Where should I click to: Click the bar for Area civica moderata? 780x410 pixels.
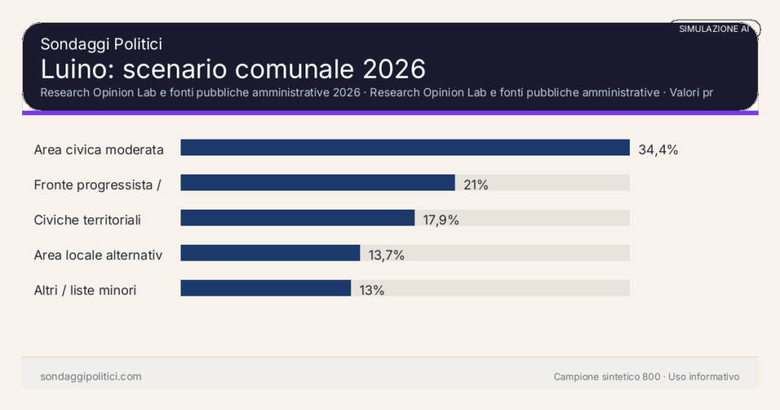pos(404,148)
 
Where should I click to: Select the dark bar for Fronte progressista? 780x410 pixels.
pos(318,183)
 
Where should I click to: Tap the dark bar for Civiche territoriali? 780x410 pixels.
pos(297,218)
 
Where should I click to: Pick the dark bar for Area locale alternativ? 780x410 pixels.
pos(270,253)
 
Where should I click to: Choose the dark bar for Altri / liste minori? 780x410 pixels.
pos(265,288)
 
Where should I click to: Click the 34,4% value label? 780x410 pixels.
pos(658,149)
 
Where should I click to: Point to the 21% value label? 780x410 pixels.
pos(476,184)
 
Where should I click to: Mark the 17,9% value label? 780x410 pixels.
pos(441,219)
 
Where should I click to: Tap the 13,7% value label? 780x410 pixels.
pos(386,255)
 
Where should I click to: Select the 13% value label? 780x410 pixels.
pos(372,290)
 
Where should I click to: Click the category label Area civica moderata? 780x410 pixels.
pos(99,149)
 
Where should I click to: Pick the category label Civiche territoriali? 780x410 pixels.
pos(88,219)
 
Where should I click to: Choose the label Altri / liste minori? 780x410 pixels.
pos(85,290)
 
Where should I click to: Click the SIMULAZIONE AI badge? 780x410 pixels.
pos(714,29)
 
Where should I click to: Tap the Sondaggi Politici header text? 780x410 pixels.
pos(101,44)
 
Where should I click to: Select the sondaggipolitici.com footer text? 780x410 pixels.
pos(91,376)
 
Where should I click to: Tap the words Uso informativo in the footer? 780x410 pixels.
pos(704,376)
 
